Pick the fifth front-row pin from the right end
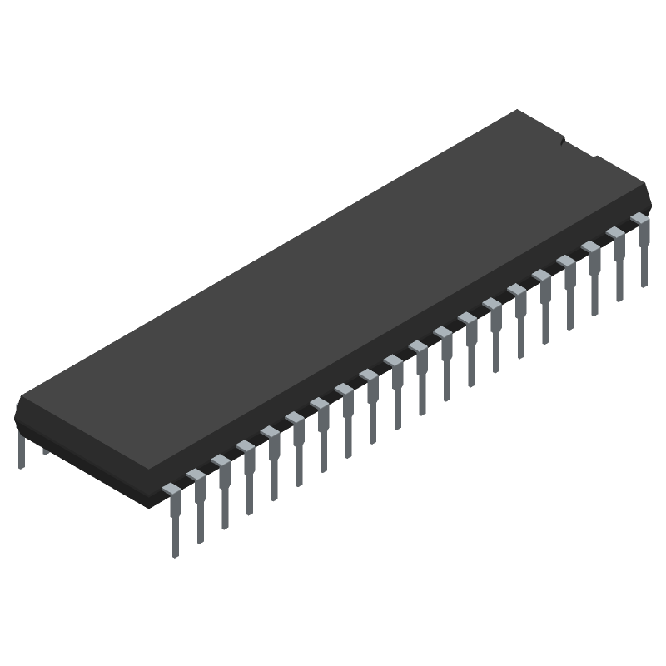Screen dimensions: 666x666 coord(545,309)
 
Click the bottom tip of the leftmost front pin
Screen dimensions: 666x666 coord(175,554)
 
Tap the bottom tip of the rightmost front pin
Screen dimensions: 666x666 coord(644,284)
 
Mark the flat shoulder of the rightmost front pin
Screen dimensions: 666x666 coord(639,218)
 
